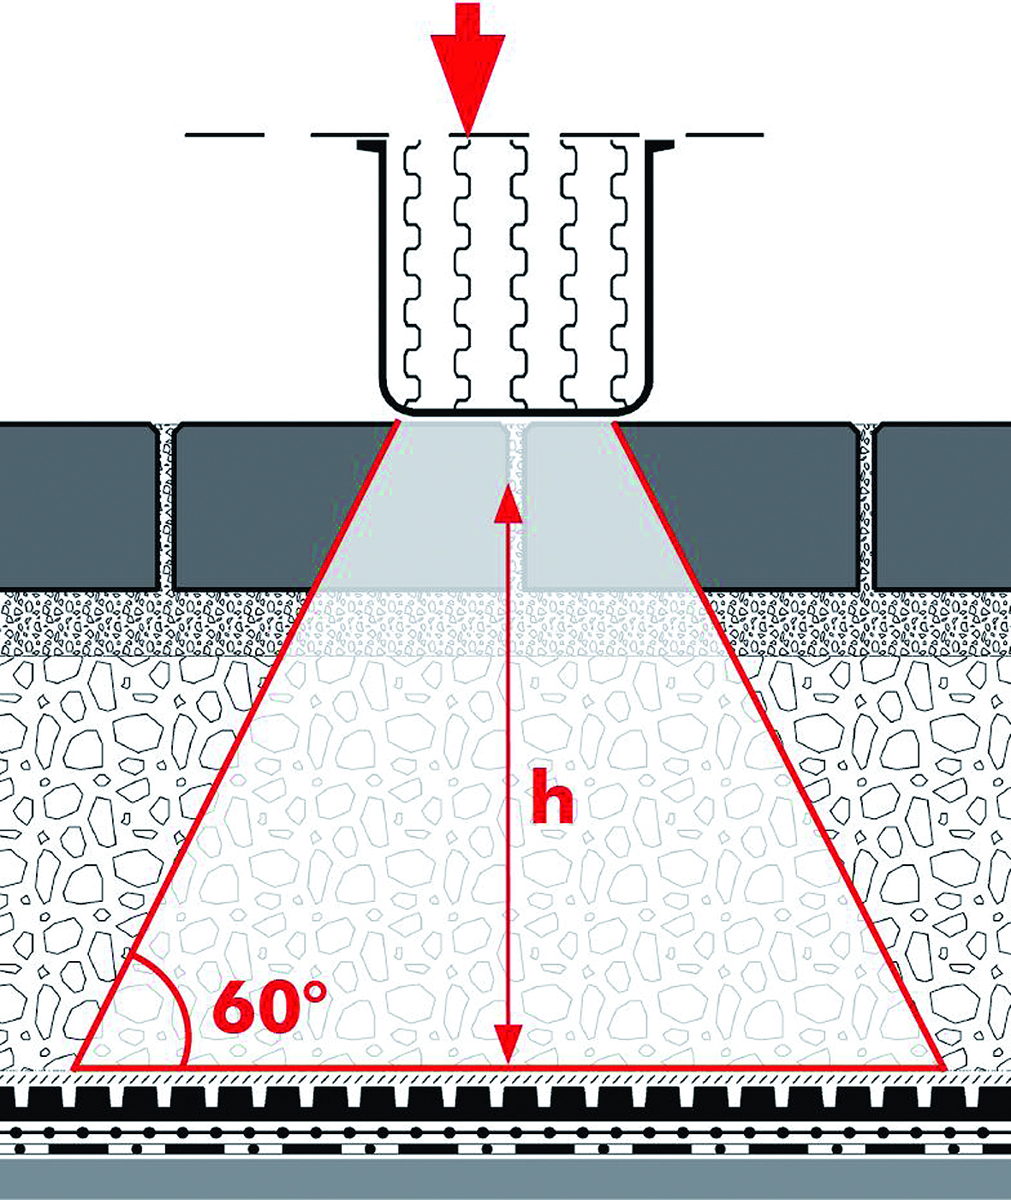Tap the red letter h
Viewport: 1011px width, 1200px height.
click(552, 796)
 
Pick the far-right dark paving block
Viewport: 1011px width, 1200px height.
click(942, 505)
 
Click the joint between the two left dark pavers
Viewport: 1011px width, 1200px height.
click(165, 505)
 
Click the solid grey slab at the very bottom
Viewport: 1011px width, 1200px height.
click(505, 1179)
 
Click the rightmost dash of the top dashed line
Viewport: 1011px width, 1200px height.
click(724, 135)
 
